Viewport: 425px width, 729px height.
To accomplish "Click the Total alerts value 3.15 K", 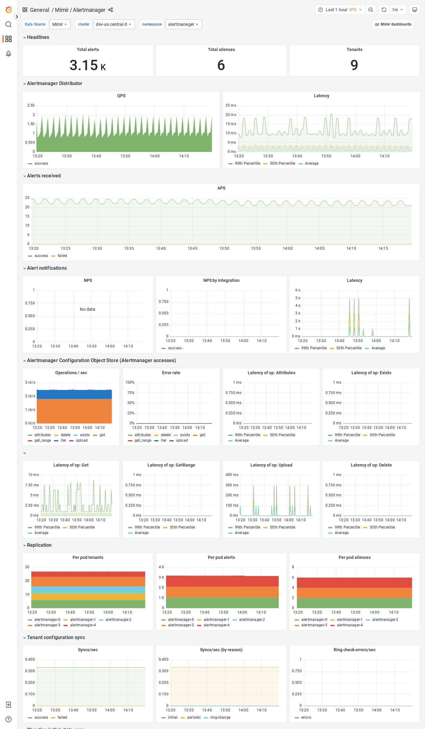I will pos(88,65).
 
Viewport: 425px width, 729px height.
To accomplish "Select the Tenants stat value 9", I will pos(354,65).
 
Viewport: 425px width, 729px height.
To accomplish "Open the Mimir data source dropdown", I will pos(59,24).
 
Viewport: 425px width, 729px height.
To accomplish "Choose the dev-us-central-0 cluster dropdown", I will pos(114,24).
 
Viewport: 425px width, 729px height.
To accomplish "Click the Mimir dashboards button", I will pos(393,24).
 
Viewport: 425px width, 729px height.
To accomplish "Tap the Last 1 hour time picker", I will pos(340,10).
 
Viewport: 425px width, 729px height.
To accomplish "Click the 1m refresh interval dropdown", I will pos(397,10).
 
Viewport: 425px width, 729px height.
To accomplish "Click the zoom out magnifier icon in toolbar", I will pos(371,10).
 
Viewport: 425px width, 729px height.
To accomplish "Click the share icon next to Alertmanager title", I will pos(110,10).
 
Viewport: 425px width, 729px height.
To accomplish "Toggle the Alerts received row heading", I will pos(44,176).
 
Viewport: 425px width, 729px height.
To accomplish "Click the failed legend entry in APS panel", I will pos(62,256).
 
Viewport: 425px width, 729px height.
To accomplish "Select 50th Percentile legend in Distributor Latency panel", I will pos(282,163).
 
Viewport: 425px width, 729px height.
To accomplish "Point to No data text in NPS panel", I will pos(87,309).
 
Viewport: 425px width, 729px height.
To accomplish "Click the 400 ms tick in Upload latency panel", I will pos(232,475).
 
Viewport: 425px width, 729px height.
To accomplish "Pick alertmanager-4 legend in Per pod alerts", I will pos(216,625).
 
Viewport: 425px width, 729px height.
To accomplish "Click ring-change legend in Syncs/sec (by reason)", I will pos(220,717).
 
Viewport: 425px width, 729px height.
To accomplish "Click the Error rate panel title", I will pos(171,373).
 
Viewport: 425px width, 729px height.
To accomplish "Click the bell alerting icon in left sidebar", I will pos(8,53).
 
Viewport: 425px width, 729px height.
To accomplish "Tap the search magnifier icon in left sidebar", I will pos(8,24).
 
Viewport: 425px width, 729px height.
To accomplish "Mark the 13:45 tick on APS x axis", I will pos(192,248).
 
